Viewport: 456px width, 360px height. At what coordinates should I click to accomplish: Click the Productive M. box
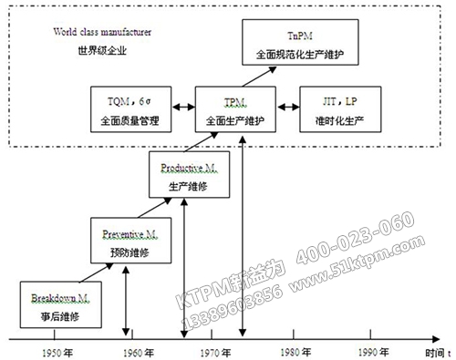click(x=189, y=177)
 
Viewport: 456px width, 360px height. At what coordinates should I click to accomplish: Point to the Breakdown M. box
click(x=58, y=303)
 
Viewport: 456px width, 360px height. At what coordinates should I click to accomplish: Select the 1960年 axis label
click(x=134, y=352)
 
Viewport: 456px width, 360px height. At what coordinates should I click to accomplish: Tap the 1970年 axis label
click(x=213, y=352)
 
